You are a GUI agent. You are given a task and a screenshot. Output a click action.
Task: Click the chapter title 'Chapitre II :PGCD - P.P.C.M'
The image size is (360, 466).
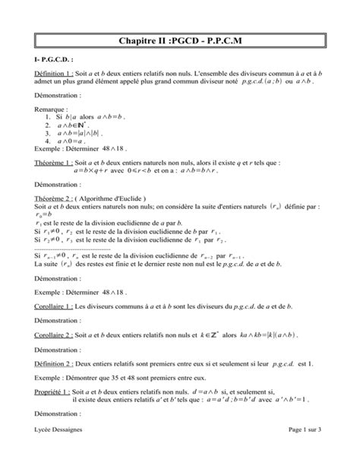pyautogui.click(x=180, y=40)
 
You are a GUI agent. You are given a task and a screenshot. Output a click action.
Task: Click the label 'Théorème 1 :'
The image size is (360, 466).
pyautogui.click(x=54, y=162)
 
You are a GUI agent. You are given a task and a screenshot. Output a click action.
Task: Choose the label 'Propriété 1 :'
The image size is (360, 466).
pyautogui.click(x=54, y=394)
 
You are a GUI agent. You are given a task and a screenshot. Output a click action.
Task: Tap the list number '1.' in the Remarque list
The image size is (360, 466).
pyautogui.click(x=48, y=118)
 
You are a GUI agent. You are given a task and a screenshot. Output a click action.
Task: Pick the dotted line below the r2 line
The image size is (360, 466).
pyautogui.click(x=72, y=249)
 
